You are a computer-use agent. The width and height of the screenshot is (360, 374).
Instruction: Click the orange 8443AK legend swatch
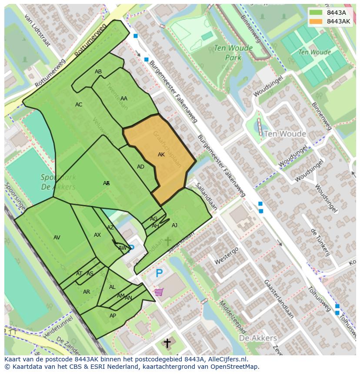[316, 21]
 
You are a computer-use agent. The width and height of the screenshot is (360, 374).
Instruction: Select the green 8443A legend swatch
[316, 13]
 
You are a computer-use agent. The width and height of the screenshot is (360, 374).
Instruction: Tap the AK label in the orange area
[161, 155]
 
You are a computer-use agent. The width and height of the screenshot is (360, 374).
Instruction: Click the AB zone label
[98, 72]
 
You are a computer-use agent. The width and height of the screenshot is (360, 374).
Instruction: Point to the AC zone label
[79, 105]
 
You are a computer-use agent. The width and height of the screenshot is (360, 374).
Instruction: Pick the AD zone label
[140, 167]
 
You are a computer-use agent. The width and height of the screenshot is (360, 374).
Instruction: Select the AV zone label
[57, 238]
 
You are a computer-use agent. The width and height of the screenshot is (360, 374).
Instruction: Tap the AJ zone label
[174, 225]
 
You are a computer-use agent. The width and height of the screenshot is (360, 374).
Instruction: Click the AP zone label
[113, 316]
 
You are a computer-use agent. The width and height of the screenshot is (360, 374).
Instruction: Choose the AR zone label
[87, 292]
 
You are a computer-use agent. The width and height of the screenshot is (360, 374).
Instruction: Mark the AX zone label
[97, 235]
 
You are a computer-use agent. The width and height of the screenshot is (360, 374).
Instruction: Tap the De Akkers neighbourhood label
[258, 338]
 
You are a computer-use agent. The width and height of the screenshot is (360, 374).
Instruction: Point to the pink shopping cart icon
[159, 292]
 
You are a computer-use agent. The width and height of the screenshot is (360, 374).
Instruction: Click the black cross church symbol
[167, 343]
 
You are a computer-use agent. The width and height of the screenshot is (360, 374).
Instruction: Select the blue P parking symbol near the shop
[159, 274]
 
